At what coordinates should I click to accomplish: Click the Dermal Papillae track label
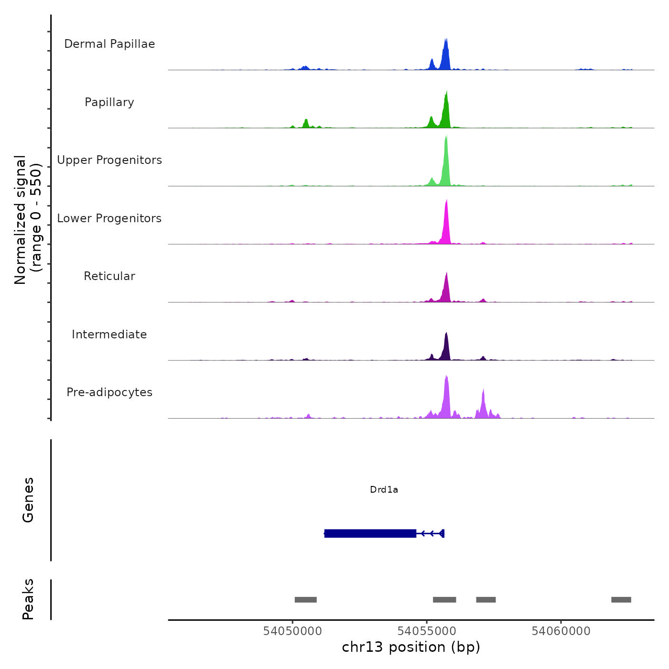pyautogui.click(x=109, y=44)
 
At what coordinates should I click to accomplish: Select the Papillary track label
pyautogui.click(x=109, y=102)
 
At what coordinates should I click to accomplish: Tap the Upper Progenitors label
pyautogui.click(x=109, y=160)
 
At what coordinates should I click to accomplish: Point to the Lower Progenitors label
pyautogui.click(x=109, y=218)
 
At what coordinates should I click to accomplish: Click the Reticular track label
pyautogui.click(x=109, y=276)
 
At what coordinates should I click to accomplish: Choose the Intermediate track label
pyautogui.click(x=109, y=334)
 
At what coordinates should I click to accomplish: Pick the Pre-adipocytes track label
pyautogui.click(x=109, y=392)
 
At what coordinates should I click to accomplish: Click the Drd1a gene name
pyautogui.click(x=384, y=490)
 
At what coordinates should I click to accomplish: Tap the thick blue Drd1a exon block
pyautogui.click(x=370, y=533)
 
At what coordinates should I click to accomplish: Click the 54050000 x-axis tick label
pyautogui.click(x=292, y=631)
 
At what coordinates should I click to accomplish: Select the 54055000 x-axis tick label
pyautogui.click(x=427, y=631)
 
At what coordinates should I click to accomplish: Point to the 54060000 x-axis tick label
pyautogui.click(x=561, y=631)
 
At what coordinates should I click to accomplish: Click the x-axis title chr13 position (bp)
pyautogui.click(x=411, y=647)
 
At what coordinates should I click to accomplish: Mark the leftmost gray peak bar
pyautogui.click(x=306, y=600)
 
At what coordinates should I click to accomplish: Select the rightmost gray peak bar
pyautogui.click(x=621, y=600)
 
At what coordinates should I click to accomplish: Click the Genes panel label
pyautogui.click(x=28, y=500)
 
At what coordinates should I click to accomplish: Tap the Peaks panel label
pyautogui.click(x=28, y=599)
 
